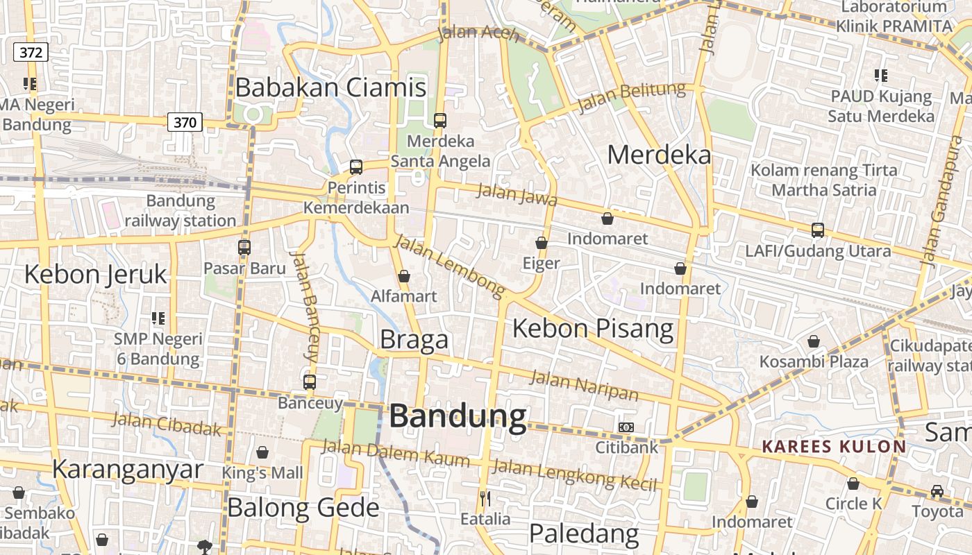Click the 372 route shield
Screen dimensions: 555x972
[x=31, y=52]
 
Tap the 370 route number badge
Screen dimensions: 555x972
[x=185, y=123]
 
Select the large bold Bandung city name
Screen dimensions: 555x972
[x=458, y=416]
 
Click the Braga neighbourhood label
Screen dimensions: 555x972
[x=414, y=340]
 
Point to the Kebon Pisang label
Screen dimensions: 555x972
[x=593, y=328]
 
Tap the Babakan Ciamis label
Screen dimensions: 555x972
[x=330, y=87]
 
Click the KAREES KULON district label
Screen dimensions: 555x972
[x=834, y=446]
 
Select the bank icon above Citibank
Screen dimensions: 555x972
[x=626, y=427]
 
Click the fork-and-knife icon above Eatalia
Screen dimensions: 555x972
[x=485, y=498]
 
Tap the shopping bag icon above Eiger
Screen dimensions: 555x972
[x=542, y=243]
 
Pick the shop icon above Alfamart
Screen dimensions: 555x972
[x=404, y=276]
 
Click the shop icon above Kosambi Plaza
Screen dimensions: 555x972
[x=813, y=341]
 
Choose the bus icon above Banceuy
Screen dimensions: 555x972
[x=310, y=382]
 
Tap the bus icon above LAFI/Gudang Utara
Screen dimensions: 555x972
[x=818, y=230]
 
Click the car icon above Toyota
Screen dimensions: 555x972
[x=937, y=491]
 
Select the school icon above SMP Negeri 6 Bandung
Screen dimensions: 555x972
[x=158, y=318]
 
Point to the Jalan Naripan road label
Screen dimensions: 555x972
[x=584, y=386]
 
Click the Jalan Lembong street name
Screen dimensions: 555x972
[x=449, y=267]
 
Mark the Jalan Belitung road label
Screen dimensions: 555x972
[x=631, y=97]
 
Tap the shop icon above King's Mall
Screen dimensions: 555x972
[x=262, y=453]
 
